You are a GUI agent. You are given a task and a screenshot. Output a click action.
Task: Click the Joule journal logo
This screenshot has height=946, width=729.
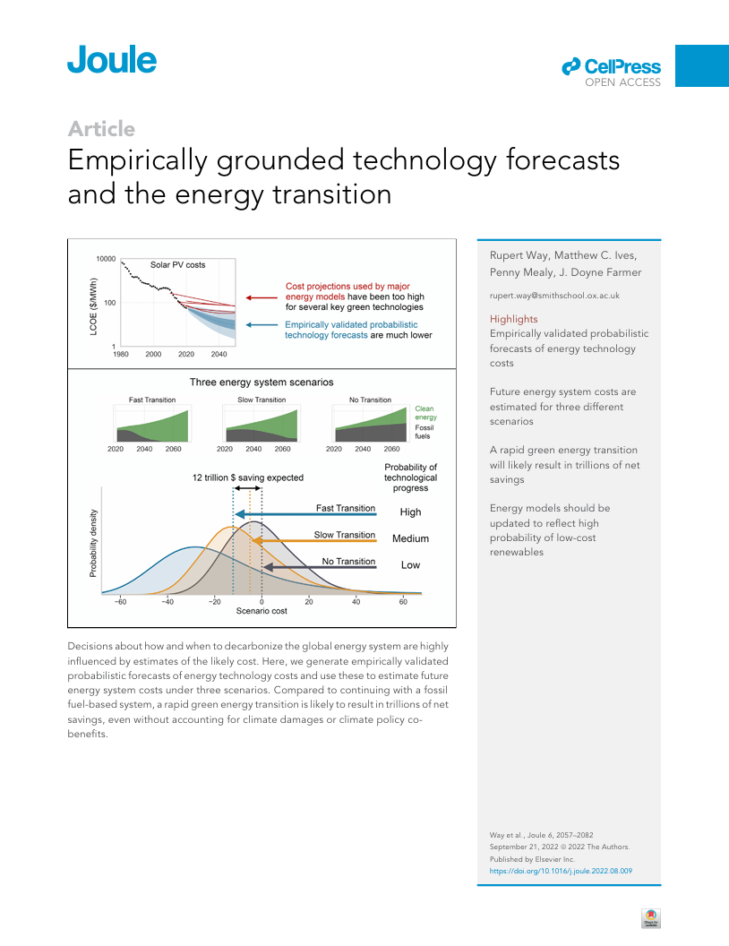(x=112, y=60)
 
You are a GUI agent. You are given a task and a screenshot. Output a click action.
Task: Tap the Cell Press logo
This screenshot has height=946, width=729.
(x=612, y=68)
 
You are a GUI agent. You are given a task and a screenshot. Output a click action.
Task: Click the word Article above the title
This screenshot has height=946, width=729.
(x=101, y=129)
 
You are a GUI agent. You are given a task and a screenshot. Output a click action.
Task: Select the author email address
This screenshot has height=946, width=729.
(x=554, y=295)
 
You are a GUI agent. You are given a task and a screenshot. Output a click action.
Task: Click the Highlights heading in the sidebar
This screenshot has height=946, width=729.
(x=514, y=319)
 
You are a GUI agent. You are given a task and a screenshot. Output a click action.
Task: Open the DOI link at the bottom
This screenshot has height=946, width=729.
(x=561, y=870)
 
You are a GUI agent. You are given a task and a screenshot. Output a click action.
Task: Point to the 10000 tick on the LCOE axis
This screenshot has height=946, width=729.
(x=107, y=259)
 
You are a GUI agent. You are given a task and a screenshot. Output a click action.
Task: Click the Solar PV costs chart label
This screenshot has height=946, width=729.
(x=177, y=265)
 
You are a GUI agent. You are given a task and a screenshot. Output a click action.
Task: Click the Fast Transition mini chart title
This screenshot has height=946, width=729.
(x=152, y=400)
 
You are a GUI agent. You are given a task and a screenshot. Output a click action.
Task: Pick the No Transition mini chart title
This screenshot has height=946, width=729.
(x=371, y=400)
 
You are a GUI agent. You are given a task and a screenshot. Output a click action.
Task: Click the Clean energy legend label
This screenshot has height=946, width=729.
(x=425, y=413)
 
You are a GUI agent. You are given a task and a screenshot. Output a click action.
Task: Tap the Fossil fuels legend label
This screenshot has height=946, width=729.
(x=425, y=433)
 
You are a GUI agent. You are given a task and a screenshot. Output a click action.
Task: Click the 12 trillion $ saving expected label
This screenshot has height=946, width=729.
(x=248, y=477)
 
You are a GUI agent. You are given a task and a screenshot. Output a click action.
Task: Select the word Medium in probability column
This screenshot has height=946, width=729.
(x=410, y=538)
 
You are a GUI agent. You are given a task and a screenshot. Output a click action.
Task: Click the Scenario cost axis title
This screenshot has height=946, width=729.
(x=262, y=611)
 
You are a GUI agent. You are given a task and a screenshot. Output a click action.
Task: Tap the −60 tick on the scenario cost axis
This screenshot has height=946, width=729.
(x=121, y=601)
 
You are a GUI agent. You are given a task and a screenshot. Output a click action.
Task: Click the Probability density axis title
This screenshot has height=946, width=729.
(x=94, y=542)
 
